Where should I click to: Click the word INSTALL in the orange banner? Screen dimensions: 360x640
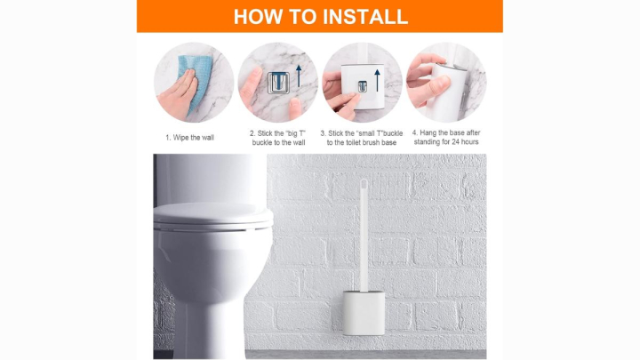tap(366, 16)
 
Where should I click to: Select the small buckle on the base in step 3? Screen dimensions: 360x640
tap(363, 86)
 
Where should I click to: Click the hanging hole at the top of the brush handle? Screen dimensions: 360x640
tap(363, 186)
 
